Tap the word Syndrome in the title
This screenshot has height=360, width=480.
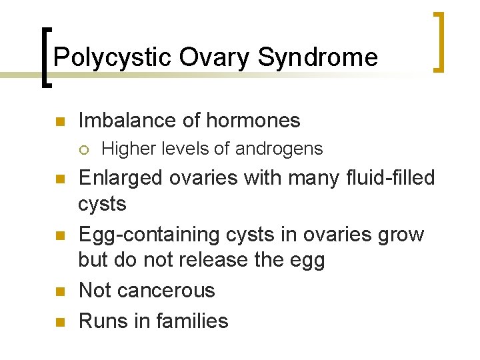point(317,57)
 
